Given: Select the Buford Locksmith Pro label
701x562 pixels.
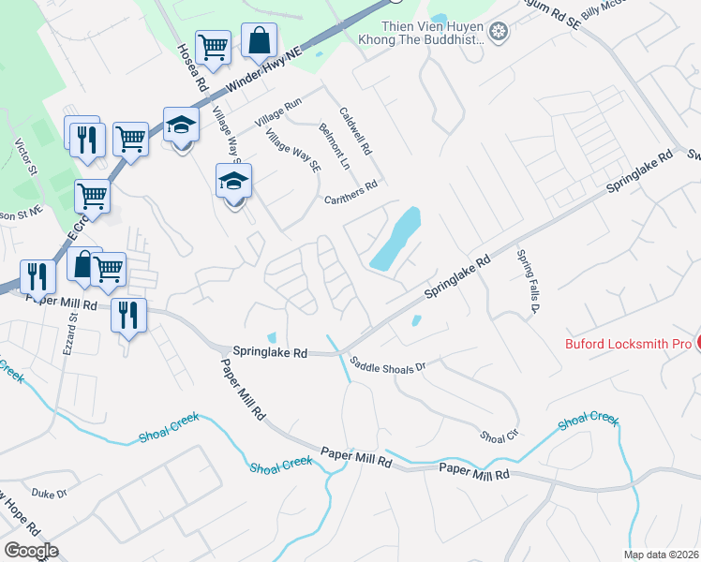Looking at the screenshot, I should pos(628,343).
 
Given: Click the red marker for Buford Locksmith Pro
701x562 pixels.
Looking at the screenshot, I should pos(697,343).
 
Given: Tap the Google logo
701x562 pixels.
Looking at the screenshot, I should pos(31,550).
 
